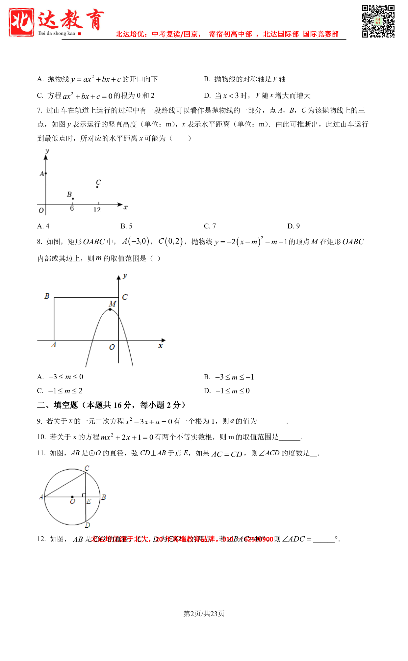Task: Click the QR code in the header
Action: pyautogui.click(x=378, y=21)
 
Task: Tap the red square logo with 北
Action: pyautogui.click(x=21, y=22)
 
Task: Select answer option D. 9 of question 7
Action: pyautogui.click(x=293, y=226)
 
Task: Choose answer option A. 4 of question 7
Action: pyautogui.click(x=43, y=226)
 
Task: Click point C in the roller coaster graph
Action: pyautogui.click(x=97, y=187)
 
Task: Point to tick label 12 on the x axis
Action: pyautogui.click(x=97, y=210)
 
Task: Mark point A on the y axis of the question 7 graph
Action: pyautogui.click(x=46, y=173)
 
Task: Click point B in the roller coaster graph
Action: pyautogui.click(x=73, y=198)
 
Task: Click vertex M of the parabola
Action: pyautogui.click(x=110, y=309)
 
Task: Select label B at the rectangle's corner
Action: pyautogui.click(x=47, y=296)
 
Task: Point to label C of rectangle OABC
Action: pyautogui.click(x=125, y=297)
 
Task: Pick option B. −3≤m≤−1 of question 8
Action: pyautogui.click(x=229, y=377)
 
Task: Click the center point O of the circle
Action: pyautogui.click(x=72, y=497)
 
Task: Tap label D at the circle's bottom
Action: pyautogui.click(x=87, y=525)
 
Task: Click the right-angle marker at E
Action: pyautogui.click(x=84, y=495)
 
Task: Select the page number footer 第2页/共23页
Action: pyautogui.click(x=204, y=614)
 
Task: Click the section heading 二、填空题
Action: pyautogui.click(x=111, y=405)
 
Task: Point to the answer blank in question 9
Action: pyautogui.click(x=271, y=422)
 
